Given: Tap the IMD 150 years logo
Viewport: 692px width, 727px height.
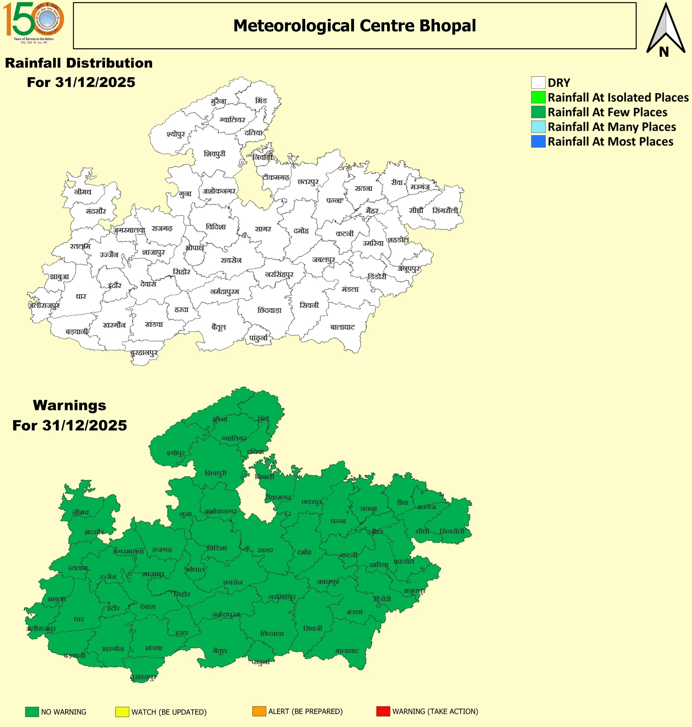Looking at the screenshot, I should [33, 22].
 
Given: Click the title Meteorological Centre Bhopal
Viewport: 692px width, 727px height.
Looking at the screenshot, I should [355, 26].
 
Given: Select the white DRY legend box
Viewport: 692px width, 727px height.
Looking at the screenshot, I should [538, 83].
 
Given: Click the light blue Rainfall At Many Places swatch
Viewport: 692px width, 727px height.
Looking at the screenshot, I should [538, 127].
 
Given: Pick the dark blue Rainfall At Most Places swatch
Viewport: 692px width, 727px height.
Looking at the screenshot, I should [538, 141].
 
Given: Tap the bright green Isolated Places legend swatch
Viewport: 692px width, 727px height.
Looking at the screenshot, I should [538, 97].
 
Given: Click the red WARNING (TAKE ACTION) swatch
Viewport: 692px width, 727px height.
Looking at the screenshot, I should [383, 711].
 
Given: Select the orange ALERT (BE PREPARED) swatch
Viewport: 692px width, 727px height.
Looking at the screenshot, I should [259, 711].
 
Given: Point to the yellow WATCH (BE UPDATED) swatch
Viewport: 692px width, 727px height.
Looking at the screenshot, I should [122, 711].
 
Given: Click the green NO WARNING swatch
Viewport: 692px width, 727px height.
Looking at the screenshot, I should [32, 711].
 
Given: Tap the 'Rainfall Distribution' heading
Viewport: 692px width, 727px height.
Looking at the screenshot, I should [79, 63].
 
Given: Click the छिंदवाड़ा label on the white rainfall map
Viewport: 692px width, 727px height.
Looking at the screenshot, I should [269, 310].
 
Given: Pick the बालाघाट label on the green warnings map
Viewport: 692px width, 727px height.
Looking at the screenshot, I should [347, 651].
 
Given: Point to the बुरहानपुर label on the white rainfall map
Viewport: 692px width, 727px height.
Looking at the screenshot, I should [144, 353].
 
